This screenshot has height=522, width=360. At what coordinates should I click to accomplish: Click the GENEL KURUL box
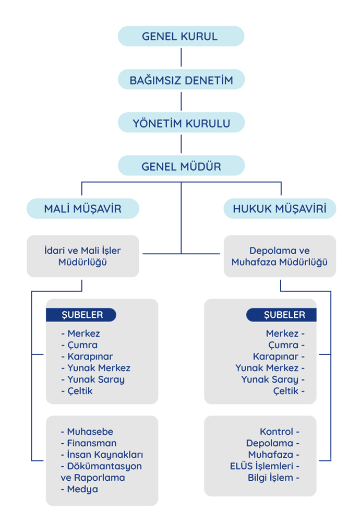coord(181,37)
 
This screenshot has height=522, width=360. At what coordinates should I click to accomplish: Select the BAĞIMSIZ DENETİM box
coord(181,80)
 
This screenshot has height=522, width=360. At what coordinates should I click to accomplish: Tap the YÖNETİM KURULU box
coord(181,123)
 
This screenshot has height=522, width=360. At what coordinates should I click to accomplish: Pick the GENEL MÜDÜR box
coord(181,167)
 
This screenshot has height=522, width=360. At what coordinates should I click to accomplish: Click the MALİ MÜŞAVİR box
coord(82,209)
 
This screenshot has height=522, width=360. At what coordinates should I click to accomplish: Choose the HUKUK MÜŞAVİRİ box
coord(279,209)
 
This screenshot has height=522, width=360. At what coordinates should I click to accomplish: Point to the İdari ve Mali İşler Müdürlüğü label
coord(82,256)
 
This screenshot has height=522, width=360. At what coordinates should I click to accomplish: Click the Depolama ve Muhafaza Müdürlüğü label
coord(279,256)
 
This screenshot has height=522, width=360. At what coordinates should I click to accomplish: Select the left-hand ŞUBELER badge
coord(81,315)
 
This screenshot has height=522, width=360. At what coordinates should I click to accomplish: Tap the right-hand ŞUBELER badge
coord(281,315)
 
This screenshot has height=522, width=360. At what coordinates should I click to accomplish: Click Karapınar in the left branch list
coord(89,357)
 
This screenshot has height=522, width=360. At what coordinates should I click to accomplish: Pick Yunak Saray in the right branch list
coord(272,379)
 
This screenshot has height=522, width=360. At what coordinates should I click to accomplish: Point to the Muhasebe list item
coord(89,432)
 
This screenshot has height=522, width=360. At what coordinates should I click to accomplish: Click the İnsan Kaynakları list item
coord(104,455)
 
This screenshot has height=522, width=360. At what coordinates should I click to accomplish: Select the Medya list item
coord(82,489)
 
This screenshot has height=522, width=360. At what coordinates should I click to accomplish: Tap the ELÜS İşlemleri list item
coord(264,466)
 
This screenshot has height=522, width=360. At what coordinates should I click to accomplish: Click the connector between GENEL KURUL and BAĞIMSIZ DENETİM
coord(181,58)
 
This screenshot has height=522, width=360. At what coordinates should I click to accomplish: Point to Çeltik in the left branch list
coord(79,391)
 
